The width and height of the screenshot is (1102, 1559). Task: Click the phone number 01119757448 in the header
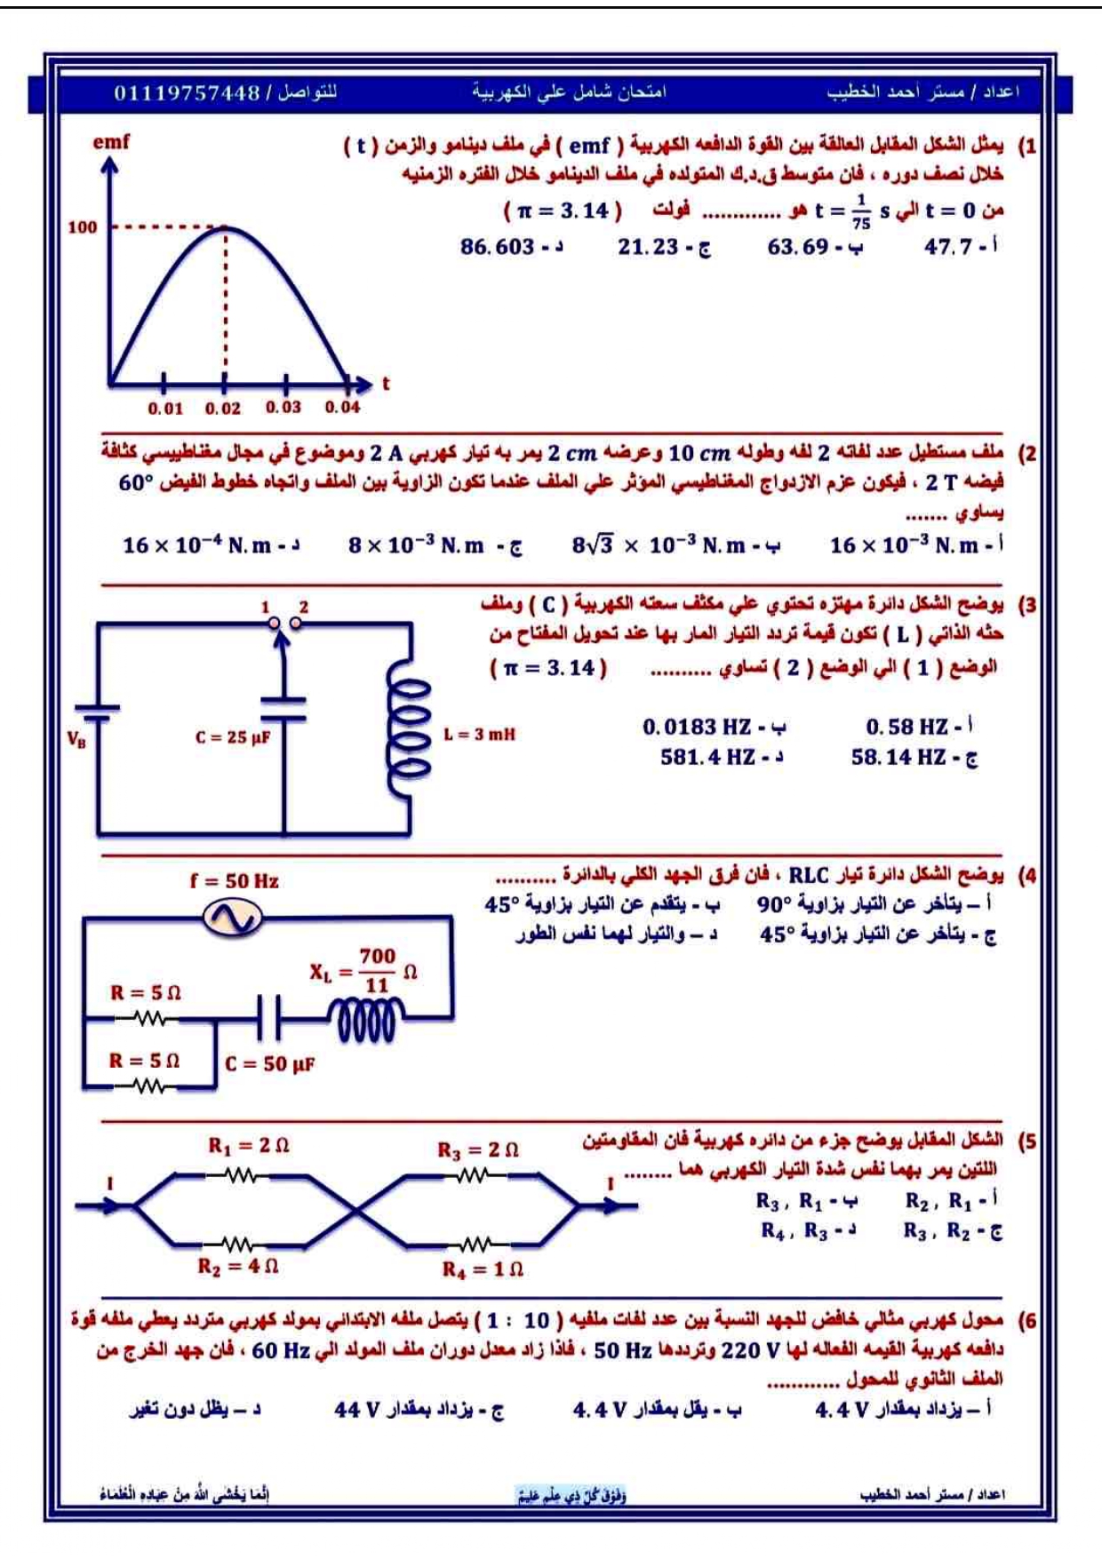pos(187,92)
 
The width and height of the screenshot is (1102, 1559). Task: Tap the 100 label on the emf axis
pos(82,227)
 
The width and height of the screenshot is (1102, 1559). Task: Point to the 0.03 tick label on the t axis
pos(283,407)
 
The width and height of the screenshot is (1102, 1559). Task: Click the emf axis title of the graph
pos(111,141)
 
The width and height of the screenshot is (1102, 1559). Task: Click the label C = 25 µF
pos(233,736)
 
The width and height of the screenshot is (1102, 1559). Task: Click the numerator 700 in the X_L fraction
pos(377,956)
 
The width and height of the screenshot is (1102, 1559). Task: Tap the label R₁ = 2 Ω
pos(248,1146)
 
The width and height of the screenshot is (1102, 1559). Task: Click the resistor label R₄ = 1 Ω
pos(483,1269)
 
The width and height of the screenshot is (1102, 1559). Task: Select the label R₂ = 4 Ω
pos(237,1265)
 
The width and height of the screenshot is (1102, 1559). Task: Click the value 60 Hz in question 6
pos(280,1350)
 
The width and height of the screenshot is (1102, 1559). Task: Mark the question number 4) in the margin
pos(1027,876)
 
